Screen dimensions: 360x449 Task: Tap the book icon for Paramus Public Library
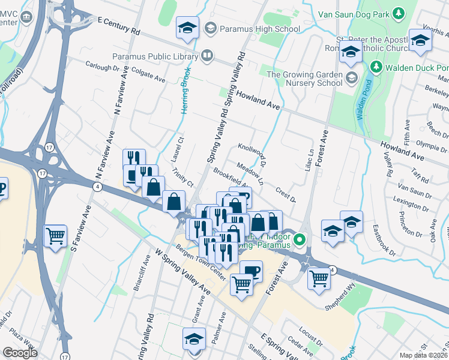tap(206, 56)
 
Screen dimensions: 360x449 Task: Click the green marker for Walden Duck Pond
tap(376, 65)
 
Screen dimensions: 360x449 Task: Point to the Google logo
tap(19, 353)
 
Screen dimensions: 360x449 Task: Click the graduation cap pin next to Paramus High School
tap(187, 28)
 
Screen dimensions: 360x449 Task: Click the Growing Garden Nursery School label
tap(305, 79)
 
